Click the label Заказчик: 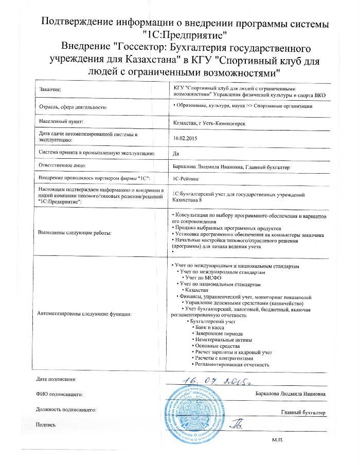[50, 90]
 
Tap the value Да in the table [176, 153]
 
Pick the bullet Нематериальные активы [222, 340]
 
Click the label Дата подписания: [56, 379]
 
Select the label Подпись [45, 424]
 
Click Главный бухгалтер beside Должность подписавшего [303, 412]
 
